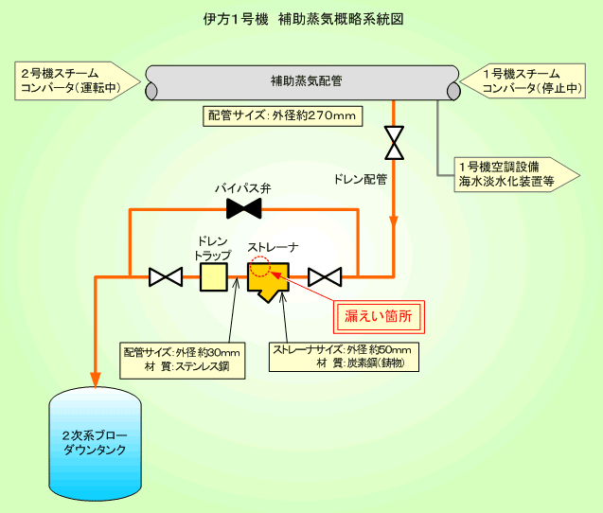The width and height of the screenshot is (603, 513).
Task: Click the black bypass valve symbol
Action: pyautogui.click(x=244, y=208)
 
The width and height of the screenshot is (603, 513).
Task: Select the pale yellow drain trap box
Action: pyautogui.click(x=214, y=277)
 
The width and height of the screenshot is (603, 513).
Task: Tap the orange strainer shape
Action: pyautogui.click(x=268, y=281)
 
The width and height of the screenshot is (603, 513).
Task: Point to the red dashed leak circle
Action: pyautogui.click(x=260, y=267)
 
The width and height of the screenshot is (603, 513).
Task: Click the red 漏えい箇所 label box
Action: pyautogui.click(x=379, y=317)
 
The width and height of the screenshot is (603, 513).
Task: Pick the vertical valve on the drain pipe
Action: pyautogui.click(x=394, y=143)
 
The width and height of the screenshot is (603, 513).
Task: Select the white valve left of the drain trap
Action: pyautogui.click(x=166, y=277)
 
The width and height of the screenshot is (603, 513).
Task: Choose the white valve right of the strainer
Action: pyautogui.click(x=325, y=277)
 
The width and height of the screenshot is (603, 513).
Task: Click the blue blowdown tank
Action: pyautogui.click(x=96, y=443)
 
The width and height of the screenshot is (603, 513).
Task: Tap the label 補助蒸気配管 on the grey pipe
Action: pyautogui.click(x=307, y=81)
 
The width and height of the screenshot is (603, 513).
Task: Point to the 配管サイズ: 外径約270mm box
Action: pyautogui.click(x=283, y=116)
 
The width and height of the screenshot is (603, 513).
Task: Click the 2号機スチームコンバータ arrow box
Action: pyautogui.click(x=78, y=80)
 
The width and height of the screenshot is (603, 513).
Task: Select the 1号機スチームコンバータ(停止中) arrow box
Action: pyautogui.click(x=523, y=80)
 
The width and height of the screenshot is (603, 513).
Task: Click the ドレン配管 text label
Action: pyautogui.click(x=361, y=179)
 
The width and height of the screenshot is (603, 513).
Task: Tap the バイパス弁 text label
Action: pyautogui.click(x=243, y=188)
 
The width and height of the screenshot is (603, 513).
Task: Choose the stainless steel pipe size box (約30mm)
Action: pyautogui.click(x=183, y=361)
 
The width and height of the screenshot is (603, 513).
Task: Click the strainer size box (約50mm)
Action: pyautogui.click(x=344, y=357)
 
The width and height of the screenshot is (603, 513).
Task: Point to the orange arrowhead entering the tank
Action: pyautogui.click(x=96, y=380)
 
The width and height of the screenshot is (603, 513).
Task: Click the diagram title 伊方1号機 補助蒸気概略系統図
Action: pyautogui.click(x=304, y=19)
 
